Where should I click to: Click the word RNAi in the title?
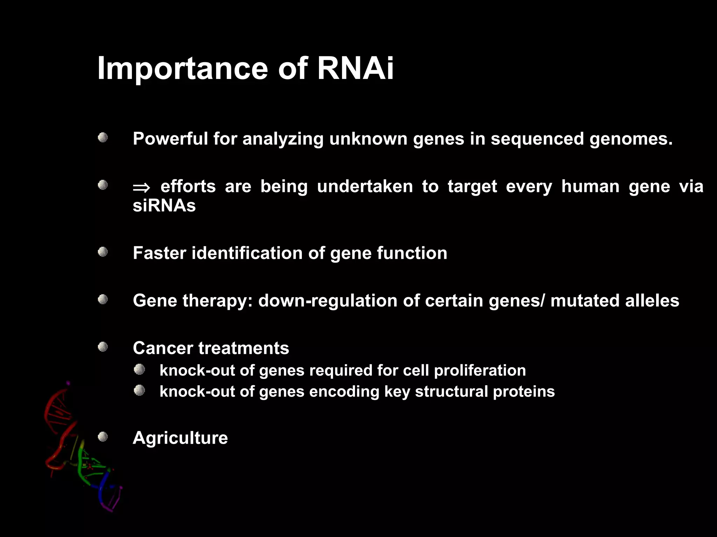[355, 68]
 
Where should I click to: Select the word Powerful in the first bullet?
[170, 139]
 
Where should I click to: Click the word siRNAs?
[164, 206]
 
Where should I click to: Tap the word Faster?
[159, 253]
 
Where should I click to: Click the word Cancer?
[163, 348]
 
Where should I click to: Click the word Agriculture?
[180, 438]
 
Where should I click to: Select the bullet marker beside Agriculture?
[103, 437]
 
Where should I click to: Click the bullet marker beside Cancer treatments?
[103, 347]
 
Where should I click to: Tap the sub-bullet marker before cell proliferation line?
[139, 369]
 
